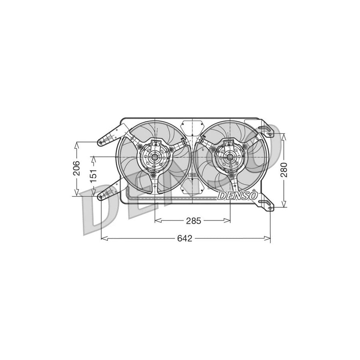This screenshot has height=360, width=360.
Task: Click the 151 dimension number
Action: (x=93, y=176)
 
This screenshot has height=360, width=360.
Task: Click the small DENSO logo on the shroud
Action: (x=238, y=196)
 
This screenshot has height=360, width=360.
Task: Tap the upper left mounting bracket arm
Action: (x=110, y=136)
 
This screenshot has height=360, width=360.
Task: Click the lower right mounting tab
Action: (x=266, y=204)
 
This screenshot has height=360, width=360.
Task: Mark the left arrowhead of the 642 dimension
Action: (x=103, y=239)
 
